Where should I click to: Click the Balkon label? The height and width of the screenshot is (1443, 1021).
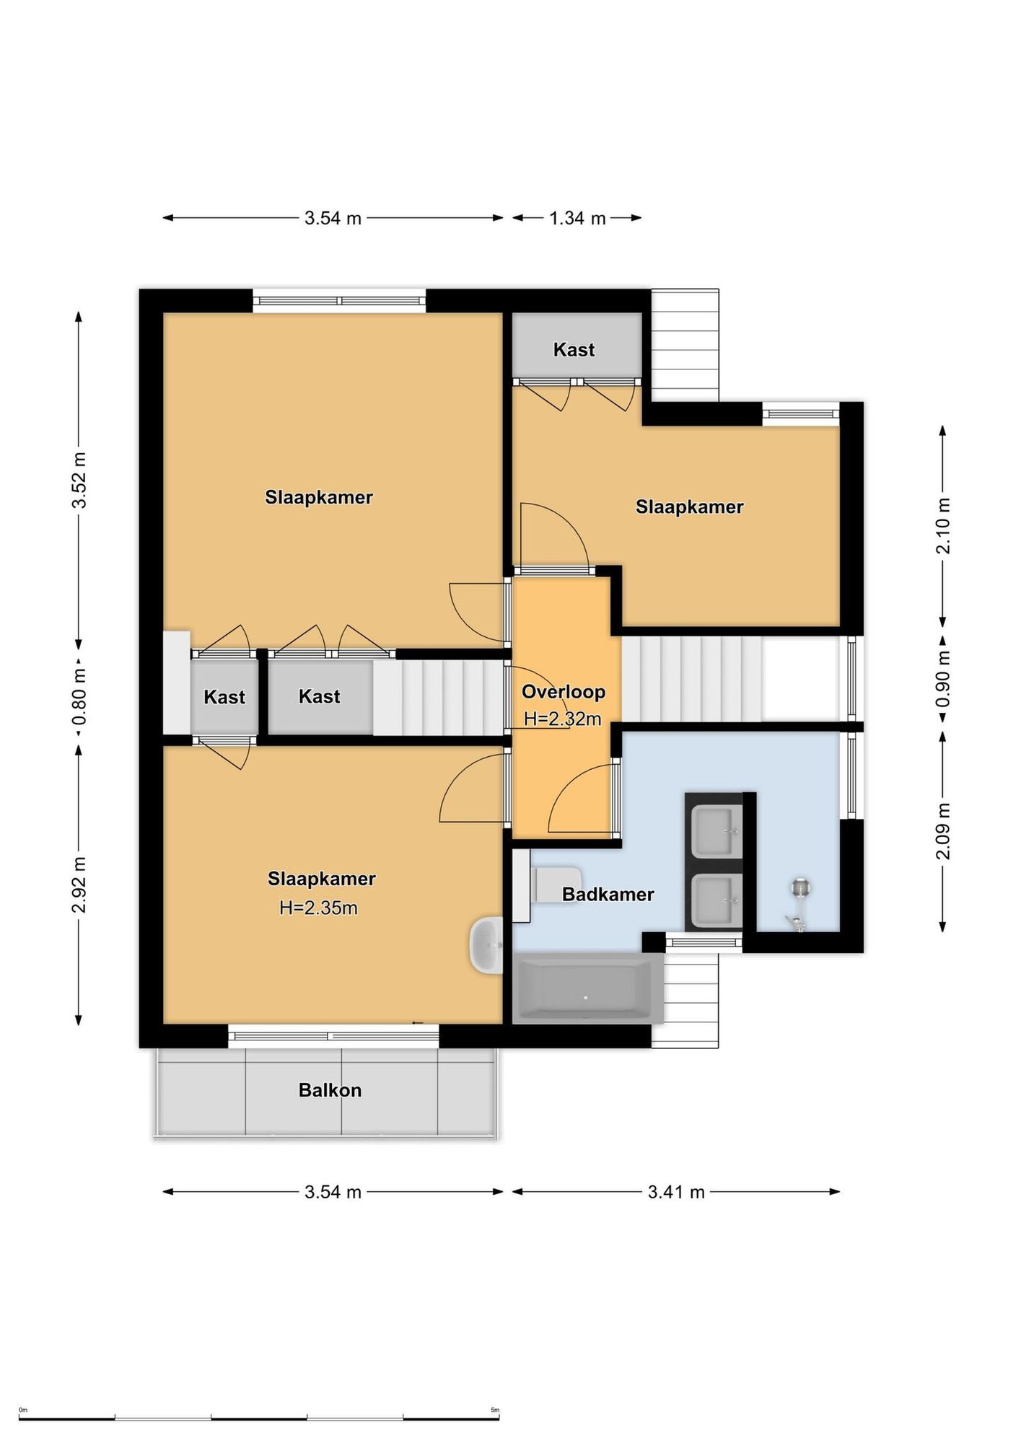[x=330, y=1090]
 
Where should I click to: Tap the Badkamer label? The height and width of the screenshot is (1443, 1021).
[x=608, y=895]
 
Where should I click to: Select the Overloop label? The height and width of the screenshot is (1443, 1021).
[x=563, y=692]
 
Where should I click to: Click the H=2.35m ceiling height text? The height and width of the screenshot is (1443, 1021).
[x=318, y=908]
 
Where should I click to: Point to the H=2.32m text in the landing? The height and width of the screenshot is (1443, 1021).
[x=563, y=719]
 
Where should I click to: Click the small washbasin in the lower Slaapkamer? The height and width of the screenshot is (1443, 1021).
[x=486, y=945]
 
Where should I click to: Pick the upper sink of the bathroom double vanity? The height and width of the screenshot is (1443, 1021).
[x=716, y=831]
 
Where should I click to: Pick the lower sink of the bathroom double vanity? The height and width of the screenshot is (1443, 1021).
[x=716, y=900]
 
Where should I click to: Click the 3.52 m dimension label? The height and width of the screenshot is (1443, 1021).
[x=79, y=481]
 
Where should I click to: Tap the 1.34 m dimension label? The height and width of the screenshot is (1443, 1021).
[x=577, y=218]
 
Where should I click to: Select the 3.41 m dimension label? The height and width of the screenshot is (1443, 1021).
[x=676, y=1192]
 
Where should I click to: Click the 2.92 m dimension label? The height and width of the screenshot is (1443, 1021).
[x=79, y=885]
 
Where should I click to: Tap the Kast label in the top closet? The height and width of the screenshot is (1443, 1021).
[x=574, y=350]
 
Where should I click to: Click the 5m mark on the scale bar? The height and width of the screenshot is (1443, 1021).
[x=495, y=1409]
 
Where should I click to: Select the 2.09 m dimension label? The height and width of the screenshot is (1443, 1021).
[x=942, y=831]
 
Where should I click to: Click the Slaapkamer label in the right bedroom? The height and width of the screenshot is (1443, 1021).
[x=689, y=507]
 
